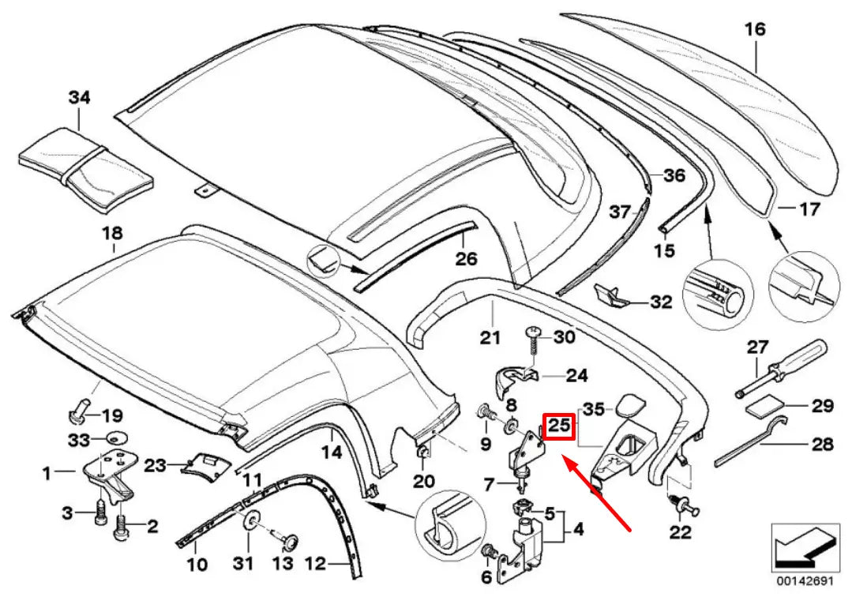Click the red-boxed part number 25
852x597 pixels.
559,426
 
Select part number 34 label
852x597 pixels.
79,98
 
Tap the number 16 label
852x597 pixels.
755,30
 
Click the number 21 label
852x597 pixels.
490,337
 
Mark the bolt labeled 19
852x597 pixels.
77,413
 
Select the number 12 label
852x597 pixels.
315,564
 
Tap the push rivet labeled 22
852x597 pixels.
681,502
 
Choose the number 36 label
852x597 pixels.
674,176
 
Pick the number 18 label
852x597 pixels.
113,233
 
